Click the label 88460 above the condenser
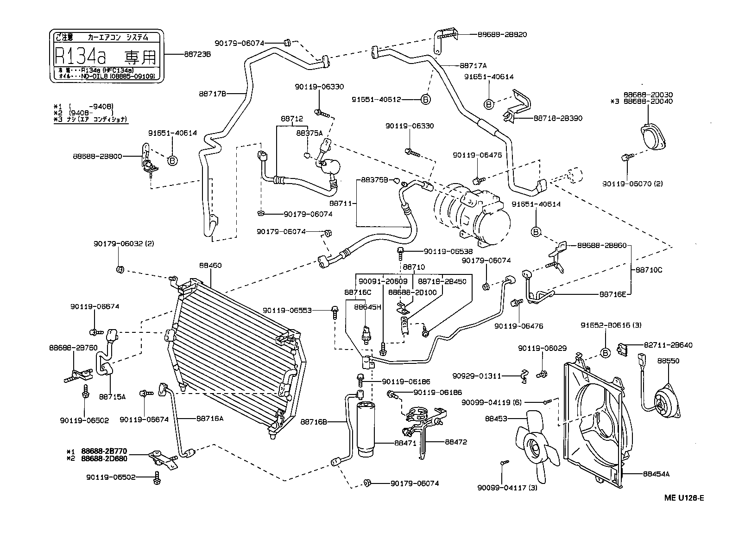click(210, 266)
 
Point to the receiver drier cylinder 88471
click(368, 429)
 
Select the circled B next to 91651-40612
click(425, 99)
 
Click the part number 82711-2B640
click(668, 345)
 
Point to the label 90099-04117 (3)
click(507, 487)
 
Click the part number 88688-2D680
click(104, 458)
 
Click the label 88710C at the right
click(649, 269)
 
